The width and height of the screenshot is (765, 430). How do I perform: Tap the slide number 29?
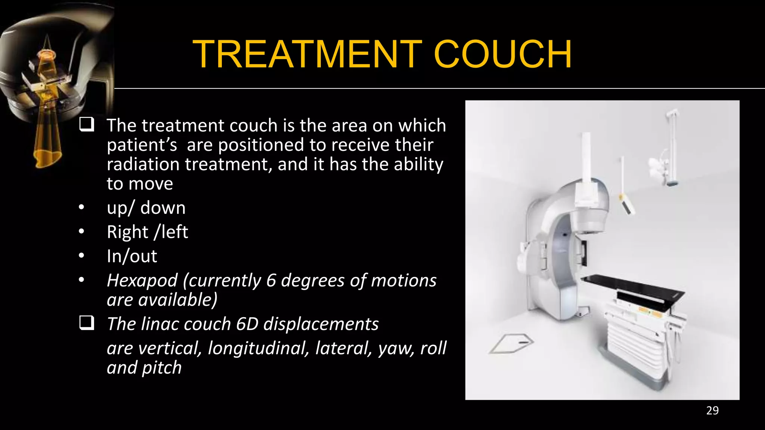[x=712, y=411]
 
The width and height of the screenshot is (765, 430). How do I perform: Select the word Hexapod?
[x=142, y=280]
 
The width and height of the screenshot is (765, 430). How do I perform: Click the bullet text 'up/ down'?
[x=146, y=208]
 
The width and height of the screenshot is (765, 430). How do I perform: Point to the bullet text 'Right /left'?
[x=147, y=232]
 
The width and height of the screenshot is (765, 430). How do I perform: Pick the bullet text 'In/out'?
[x=132, y=256]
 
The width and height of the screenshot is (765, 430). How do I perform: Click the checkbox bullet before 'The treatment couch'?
[x=87, y=124]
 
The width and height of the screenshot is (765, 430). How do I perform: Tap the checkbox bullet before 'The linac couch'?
[x=87, y=323]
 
